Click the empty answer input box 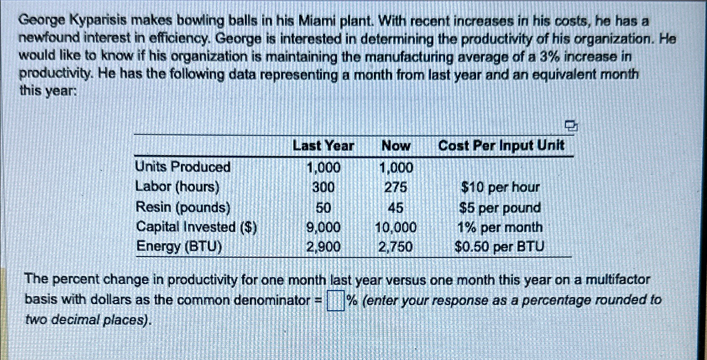click(335, 301)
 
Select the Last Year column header click(323, 146)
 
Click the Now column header click(396, 146)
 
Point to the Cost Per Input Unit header click(501, 146)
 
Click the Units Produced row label click(183, 167)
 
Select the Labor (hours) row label click(177, 187)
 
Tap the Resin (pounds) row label click(183, 207)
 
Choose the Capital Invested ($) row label click(196, 227)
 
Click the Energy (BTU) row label click(179, 246)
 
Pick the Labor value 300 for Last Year click(323, 187)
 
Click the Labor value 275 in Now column click(396, 187)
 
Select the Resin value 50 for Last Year click(323, 208)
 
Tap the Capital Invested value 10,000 click(396, 227)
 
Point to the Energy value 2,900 click(323, 247)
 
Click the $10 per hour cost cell click(500, 187)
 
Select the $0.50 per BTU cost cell click(499, 247)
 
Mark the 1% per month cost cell click(500, 227)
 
